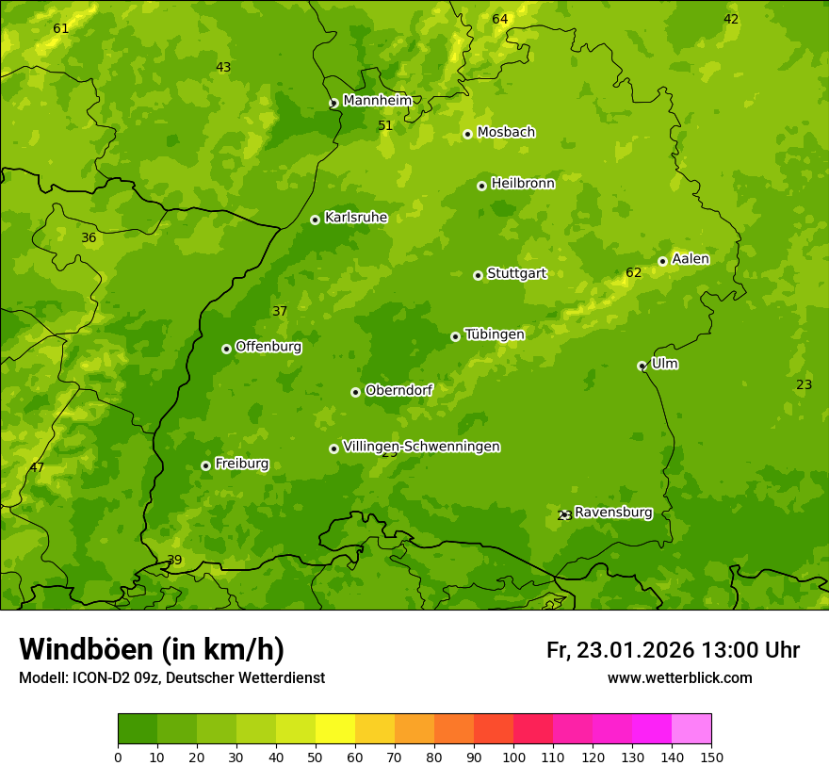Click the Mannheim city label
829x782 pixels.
[377, 100]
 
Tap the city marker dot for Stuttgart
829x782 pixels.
[478, 275]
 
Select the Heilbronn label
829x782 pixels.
[523, 183]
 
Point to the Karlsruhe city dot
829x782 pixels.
[315, 220]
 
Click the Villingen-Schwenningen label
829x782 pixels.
[421, 447]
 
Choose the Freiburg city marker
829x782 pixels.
[205, 465]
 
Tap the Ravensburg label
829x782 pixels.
[613, 513]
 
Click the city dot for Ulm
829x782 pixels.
[642, 366]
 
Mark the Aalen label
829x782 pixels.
[691, 259]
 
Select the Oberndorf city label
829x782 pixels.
[398, 390]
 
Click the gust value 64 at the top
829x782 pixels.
[500, 19]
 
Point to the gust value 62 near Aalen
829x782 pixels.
[634, 273]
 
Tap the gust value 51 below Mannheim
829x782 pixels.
[385, 125]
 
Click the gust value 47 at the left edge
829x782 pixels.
[37, 467]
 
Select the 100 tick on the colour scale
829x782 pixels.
[513, 756]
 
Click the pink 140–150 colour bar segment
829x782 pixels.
[691, 729]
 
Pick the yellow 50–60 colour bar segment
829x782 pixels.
[335, 729]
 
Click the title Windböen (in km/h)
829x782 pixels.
[152, 649]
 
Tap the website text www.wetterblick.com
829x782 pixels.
[679, 677]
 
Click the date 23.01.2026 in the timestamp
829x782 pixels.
[635, 650]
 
